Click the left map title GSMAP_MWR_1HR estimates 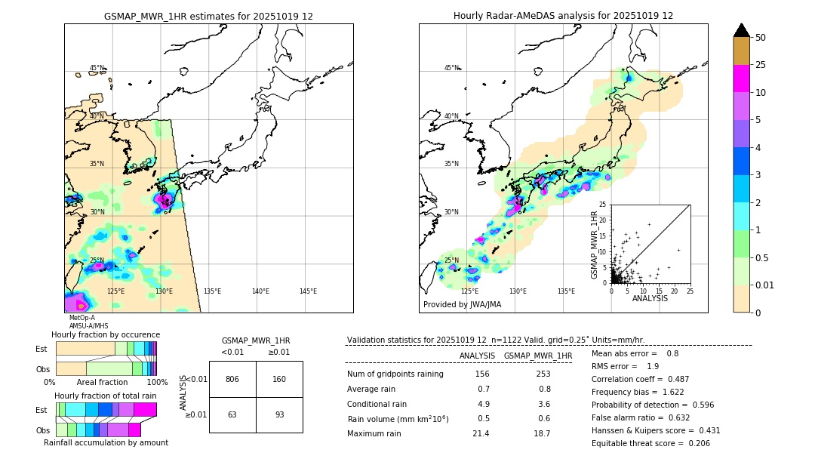(x=208, y=16)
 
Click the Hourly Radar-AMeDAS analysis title (x=563, y=16)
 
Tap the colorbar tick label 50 (x=761, y=38)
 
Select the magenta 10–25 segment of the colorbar (x=742, y=79)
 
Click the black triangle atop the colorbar (x=742, y=30)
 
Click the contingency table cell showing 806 (x=232, y=379)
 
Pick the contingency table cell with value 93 (x=279, y=414)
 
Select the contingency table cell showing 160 (x=279, y=379)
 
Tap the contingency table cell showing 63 (x=232, y=414)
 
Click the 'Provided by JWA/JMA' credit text (x=462, y=305)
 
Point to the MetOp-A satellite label (x=81, y=318)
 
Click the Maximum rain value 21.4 (x=481, y=433)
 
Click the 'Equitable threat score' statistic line (x=650, y=443)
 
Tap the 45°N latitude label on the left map (x=97, y=68)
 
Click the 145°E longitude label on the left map (x=308, y=291)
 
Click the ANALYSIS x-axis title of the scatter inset (x=650, y=298)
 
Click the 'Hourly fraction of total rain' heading (x=105, y=396)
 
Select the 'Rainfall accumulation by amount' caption (x=111, y=442)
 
